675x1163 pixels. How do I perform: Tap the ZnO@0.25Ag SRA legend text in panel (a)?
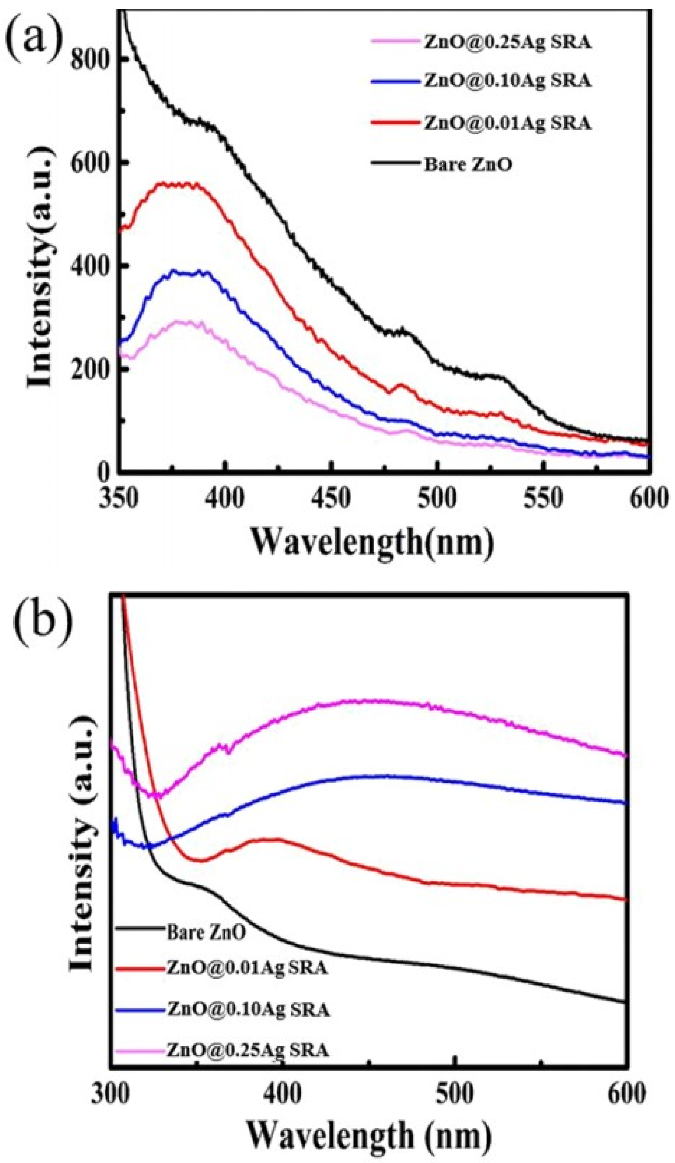click(x=507, y=42)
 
